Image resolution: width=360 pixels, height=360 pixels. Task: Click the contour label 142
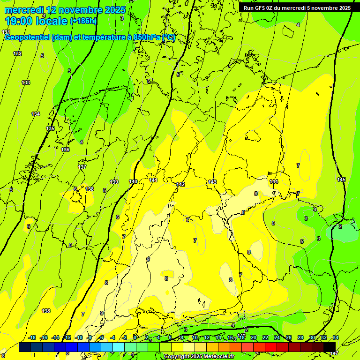pyautogui.click(x=180, y=184)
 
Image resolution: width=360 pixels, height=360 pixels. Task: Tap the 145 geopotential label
pyautogui.click(x=341, y=180)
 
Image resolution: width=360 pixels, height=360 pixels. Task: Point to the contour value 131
pyautogui.click(x=6, y=32)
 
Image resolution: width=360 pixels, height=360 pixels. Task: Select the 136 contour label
pyautogui.click(x=65, y=150)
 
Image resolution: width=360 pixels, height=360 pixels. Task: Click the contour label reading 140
pyautogui.click(x=133, y=181)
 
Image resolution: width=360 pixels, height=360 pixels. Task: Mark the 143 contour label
pyautogui.click(x=212, y=182)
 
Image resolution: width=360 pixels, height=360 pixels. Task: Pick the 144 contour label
pyautogui.click(x=274, y=181)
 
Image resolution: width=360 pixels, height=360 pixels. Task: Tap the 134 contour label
pyautogui.click(x=36, y=114)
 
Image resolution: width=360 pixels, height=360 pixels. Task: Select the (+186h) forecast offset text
pyautogui.click(x=83, y=21)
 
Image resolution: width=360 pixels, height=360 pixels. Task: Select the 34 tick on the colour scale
pyautogui.click(x=336, y=337)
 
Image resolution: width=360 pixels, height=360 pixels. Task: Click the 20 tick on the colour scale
pyautogui.click(x=253, y=337)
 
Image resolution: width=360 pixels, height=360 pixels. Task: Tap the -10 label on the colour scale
pyautogui.click(x=79, y=337)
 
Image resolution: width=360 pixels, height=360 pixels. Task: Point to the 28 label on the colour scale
pyautogui.click(x=300, y=337)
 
